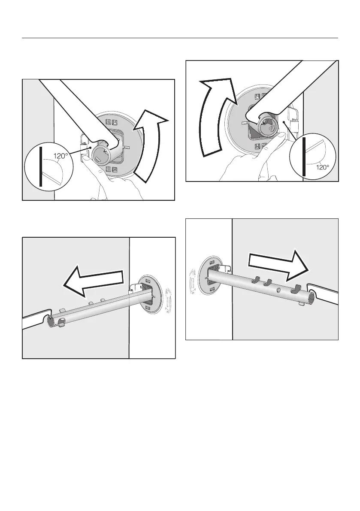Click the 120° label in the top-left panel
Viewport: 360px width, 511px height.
coord(61,156)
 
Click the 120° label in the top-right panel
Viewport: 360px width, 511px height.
coord(323,167)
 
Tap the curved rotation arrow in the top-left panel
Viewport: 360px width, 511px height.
coord(151,145)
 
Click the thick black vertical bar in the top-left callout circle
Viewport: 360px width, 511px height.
coord(41,166)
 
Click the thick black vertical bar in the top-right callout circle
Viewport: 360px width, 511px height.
coord(304,157)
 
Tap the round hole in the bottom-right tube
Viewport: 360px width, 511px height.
coord(278,289)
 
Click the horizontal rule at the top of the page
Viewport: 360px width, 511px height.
coord(180,38)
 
